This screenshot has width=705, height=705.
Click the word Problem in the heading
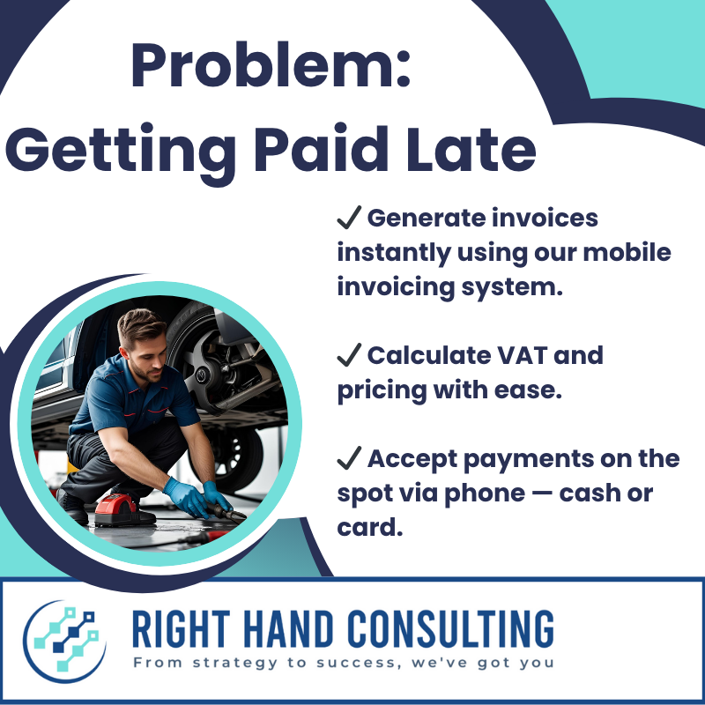(x=263, y=65)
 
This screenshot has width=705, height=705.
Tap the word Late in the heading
(x=471, y=148)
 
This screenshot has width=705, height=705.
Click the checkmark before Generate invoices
(x=349, y=217)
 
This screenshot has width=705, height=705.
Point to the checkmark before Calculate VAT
(x=349, y=354)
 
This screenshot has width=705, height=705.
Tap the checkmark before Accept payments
(x=349, y=457)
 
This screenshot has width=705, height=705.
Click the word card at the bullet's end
(x=369, y=527)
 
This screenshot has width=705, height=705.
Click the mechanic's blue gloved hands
(x=197, y=497)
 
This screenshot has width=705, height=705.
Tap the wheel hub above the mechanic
(x=203, y=373)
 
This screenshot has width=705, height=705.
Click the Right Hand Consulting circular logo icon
(x=64, y=642)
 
